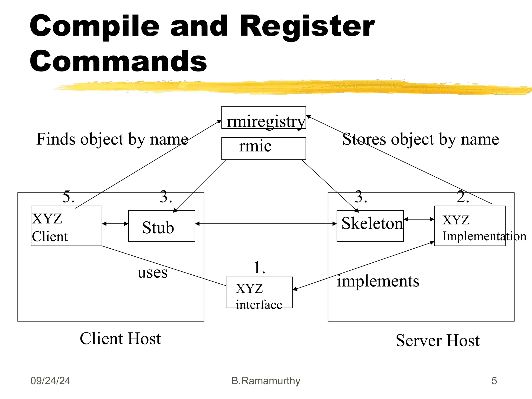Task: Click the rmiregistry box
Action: (x=263, y=118)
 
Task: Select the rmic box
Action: (x=263, y=148)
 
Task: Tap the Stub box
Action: (x=162, y=226)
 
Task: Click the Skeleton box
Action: (x=370, y=226)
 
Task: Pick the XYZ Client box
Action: (x=66, y=226)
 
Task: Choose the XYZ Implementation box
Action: (x=470, y=226)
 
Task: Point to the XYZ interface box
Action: (x=259, y=292)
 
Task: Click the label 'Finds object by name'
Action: (x=112, y=139)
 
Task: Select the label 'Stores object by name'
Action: (x=421, y=139)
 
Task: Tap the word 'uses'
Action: (x=152, y=273)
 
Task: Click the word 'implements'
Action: (x=378, y=281)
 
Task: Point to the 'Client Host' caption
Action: (x=120, y=339)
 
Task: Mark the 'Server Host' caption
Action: (x=437, y=341)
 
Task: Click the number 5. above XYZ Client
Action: (x=68, y=197)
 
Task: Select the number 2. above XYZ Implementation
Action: (x=463, y=197)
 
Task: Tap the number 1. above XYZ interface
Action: (x=259, y=268)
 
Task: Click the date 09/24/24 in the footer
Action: (x=50, y=381)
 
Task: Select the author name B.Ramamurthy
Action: (x=266, y=381)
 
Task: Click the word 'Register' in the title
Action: (x=307, y=26)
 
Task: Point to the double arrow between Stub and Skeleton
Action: (x=266, y=224)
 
